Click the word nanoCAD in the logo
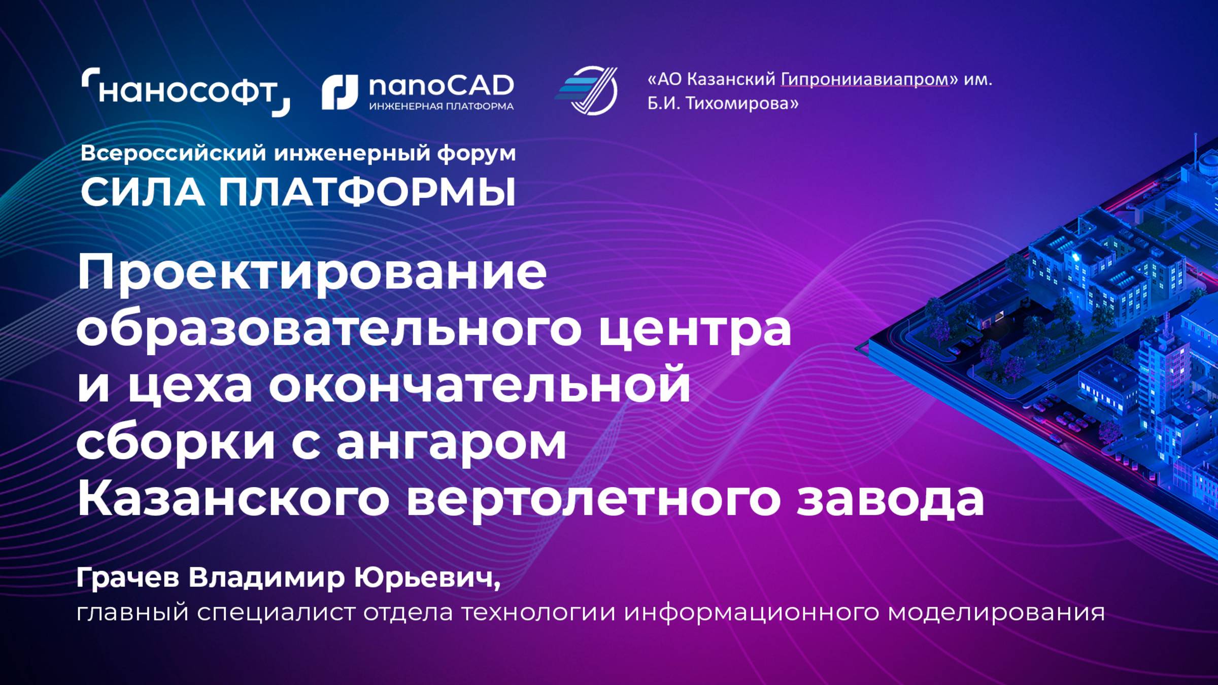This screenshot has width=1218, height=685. (441, 86)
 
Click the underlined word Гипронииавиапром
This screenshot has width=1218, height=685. (864, 79)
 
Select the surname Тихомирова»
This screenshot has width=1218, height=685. (742, 104)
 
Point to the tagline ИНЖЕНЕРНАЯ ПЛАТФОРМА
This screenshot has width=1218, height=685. (441, 107)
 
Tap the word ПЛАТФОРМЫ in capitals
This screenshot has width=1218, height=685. (367, 192)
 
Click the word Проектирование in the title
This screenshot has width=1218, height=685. (312, 274)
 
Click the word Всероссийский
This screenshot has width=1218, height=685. (173, 153)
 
